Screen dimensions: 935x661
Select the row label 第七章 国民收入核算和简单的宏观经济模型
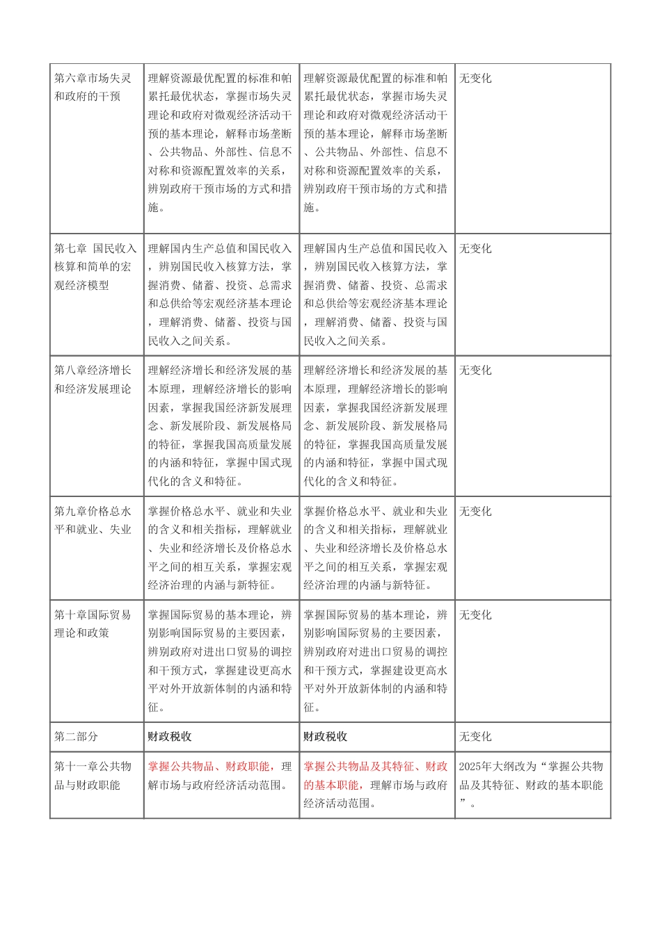pyautogui.click(x=95, y=266)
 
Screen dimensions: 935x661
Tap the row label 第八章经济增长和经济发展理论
pyautogui.click(x=93, y=380)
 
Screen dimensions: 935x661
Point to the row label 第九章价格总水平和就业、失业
pyautogui.click(x=93, y=520)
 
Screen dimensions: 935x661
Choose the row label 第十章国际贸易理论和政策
pyautogui.click(x=93, y=624)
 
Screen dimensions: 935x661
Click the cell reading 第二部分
pyautogui.click(x=77, y=736)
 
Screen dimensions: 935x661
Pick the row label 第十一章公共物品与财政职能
pyautogui.click(x=93, y=775)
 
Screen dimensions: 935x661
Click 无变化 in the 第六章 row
pyautogui.click(x=475, y=78)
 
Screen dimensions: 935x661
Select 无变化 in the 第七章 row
pyautogui.click(x=475, y=248)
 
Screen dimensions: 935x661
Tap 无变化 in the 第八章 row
pyautogui.click(x=475, y=370)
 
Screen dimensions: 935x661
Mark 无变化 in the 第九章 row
pyautogui.click(x=475, y=511)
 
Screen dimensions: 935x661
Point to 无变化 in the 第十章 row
pyautogui.click(x=475, y=615)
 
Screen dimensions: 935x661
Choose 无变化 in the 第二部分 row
pyautogui.click(x=475, y=736)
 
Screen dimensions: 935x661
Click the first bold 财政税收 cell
pyautogui.click(x=170, y=736)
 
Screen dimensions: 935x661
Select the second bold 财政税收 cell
pyautogui.click(x=326, y=736)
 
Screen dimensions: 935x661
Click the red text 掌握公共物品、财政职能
pyautogui.click(x=209, y=766)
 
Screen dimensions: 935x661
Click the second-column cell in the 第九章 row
pyautogui.click(x=221, y=548)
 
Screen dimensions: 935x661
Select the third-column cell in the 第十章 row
pyautogui.click(x=376, y=660)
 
